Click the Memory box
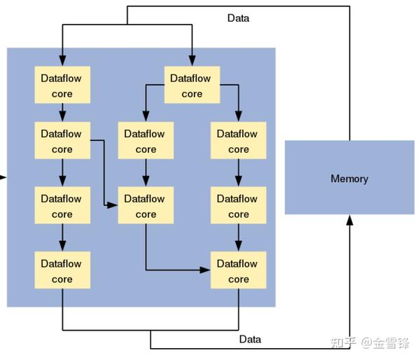click(349, 178)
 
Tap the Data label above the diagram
click(238, 18)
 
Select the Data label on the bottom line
click(250, 339)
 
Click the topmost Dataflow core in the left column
click(62, 85)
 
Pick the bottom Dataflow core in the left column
click(62, 271)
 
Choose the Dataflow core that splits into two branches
click(192, 85)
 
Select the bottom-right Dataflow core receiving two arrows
click(238, 271)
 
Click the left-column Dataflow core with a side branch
click(62, 141)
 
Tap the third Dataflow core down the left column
click(62, 206)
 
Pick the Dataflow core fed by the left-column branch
click(146, 206)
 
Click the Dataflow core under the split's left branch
click(146, 141)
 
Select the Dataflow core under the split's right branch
click(238, 141)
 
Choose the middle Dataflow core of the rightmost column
click(238, 206)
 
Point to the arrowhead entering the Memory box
click(349, 220)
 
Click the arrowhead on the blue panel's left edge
click(3, 177)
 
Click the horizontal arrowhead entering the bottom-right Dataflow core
click(206, 270)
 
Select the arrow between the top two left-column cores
click(62, 112)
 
